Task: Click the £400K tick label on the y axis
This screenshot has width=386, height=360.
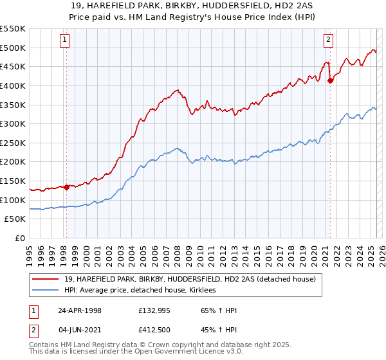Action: [13, 85]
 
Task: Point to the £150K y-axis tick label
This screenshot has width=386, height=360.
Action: [13, 181]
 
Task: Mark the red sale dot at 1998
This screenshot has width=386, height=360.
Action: [66, 187]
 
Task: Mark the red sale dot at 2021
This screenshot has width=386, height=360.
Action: [330, 80]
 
